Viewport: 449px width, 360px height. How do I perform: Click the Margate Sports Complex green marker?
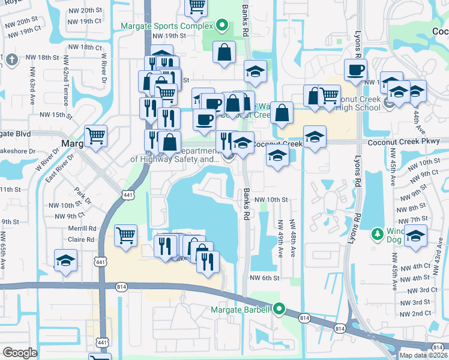[222, 26]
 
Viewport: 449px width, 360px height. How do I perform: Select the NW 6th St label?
[267, 278]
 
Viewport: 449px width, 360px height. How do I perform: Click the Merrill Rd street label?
[83, 229]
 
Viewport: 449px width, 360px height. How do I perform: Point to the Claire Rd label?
[82, 239]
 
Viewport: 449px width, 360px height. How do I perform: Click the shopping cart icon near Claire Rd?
[125, 235]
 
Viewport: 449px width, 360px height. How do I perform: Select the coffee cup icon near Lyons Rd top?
[355, 69]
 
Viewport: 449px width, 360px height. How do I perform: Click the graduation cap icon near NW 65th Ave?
[65, 260]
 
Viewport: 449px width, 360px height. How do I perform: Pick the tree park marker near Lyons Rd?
[378, 232]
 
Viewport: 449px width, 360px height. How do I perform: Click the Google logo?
[20, 353]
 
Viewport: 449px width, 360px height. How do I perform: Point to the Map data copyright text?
[424, 355]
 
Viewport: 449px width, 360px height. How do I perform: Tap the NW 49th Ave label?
[280, 238]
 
